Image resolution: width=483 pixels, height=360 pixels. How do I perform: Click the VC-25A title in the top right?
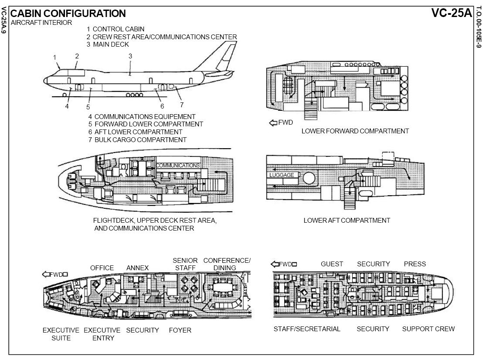coord(452,13)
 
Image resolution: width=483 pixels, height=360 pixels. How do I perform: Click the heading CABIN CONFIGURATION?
coord(68,14)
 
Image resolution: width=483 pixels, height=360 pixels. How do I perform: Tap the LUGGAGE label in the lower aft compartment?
coord(282,175)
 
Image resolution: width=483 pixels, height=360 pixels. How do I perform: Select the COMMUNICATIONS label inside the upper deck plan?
coord(178,166)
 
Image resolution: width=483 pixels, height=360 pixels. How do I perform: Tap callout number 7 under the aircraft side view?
coord(182,105)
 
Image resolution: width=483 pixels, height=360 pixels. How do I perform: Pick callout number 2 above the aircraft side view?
coord(77,56)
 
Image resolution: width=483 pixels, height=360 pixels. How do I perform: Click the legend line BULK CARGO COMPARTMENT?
coord(137,140)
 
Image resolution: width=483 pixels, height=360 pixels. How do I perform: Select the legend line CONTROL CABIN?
coord(115,29)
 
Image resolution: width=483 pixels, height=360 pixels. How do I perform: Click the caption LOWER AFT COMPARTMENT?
coord(347,221)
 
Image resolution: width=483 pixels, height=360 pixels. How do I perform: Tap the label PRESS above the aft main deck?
coord(415,264)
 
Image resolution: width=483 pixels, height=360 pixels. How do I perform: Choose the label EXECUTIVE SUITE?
coord(61,334)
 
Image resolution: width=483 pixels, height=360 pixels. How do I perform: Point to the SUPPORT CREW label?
coord(428,329)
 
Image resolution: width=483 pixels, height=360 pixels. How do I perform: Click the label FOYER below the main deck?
coord(180,330)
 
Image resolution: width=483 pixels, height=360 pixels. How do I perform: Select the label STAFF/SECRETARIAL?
coord(307,329)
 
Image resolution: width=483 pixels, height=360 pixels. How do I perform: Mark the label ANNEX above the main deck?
coord(137,268)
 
